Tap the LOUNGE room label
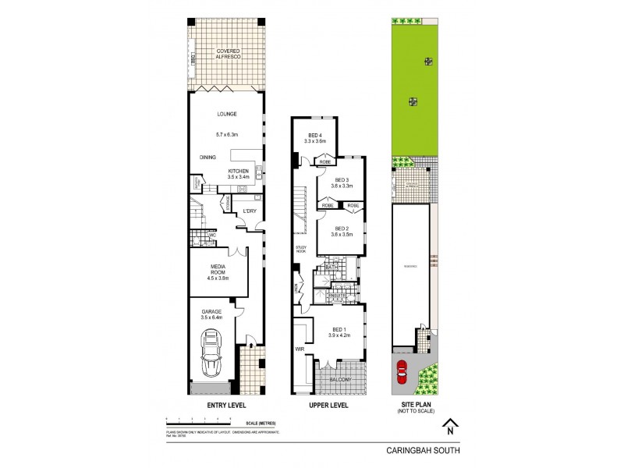[226, 114]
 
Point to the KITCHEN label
[238, 171]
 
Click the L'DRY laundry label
[250, 211]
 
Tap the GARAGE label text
[212, 312]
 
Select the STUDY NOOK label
[300, 250]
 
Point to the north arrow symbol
[449, 426]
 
